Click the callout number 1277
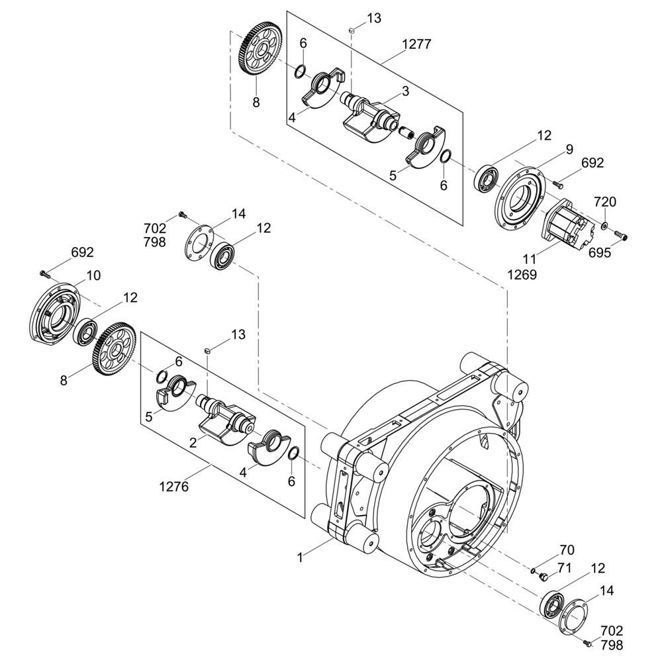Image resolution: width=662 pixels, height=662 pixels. [416, 44]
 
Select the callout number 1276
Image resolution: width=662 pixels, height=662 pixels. [174, 487]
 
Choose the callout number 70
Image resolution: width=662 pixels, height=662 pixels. [567, 549]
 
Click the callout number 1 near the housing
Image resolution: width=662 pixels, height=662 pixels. [300, 557]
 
